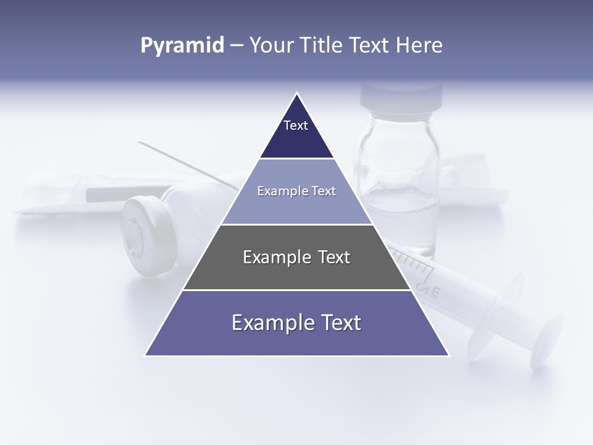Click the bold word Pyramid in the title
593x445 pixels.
(182, 46)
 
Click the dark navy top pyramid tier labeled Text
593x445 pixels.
(296, 133)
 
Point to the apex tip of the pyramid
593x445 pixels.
(297, 93)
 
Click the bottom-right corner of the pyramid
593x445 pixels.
(448, 355)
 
